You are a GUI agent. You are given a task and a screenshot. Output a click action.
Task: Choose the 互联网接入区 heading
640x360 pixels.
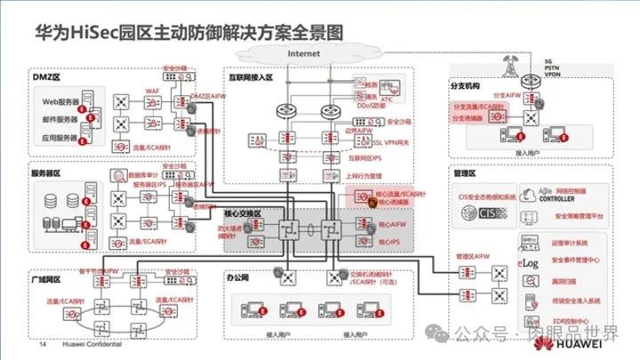click(x=254, y=77)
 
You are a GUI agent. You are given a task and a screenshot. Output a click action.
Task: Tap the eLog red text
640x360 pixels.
click(x=528, y=263)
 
